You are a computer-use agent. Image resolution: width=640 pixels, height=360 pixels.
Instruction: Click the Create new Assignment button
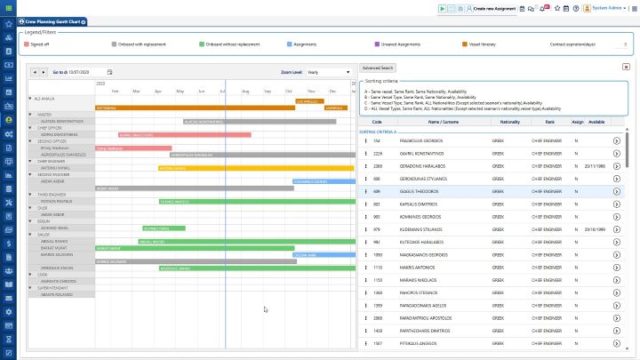point(492,8)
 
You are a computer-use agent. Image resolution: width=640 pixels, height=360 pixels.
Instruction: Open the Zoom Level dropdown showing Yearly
point(329,72)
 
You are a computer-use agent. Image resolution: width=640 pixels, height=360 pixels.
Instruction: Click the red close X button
point(626,67)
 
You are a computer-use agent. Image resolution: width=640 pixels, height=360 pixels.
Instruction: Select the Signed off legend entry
point(39,43)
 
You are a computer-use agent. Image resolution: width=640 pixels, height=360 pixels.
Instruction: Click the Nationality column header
point(509,122)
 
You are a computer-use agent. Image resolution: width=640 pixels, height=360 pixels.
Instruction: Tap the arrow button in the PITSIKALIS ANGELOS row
point(617,342)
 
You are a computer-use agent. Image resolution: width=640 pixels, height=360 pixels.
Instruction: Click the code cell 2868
point(377,317)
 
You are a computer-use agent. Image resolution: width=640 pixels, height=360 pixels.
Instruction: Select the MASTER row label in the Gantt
point(44,114)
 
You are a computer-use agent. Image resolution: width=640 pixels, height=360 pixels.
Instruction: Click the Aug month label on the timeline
point(246,91)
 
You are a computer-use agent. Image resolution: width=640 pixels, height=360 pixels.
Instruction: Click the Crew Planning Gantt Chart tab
point(49,20)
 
